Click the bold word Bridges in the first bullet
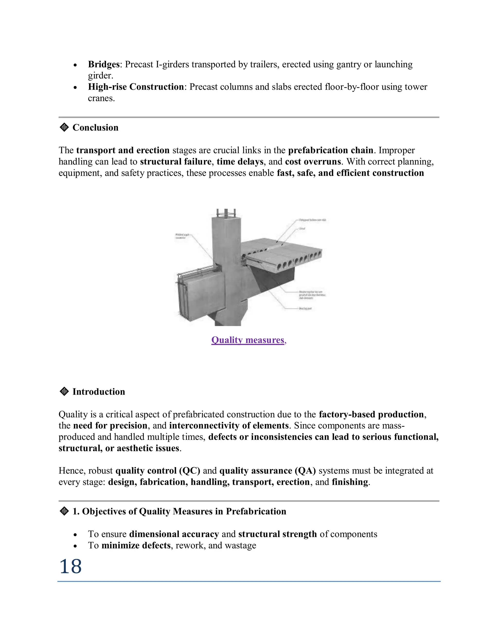(104, 64)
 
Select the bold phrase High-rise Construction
(136, 87)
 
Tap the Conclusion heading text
(95, 127)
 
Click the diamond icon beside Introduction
(64, 391)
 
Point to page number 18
(71, 566)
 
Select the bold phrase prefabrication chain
(330, 150)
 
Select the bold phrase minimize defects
(136, 545)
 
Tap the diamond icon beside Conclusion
(64, 127)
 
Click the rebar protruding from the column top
(226, 213)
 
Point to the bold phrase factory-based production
(371, 414)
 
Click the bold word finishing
(350, 482)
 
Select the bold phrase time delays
(240, 162)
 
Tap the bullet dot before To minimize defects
(76, 546)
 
